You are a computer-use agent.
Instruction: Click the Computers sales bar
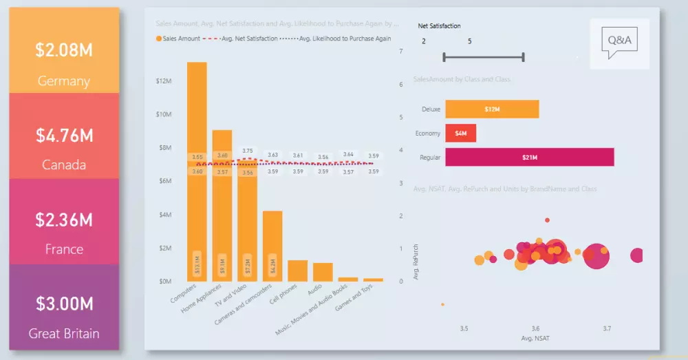pos(197,172)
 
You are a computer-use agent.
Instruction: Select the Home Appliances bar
pos(222,207)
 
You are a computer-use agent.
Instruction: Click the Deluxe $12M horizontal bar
pos(492,109)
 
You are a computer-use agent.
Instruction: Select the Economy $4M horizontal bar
pos(460,134)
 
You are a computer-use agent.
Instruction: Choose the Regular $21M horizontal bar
pos(529,158)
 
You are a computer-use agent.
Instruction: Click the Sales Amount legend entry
pos(179,39)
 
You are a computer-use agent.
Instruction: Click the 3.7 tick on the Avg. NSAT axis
pos(607,329)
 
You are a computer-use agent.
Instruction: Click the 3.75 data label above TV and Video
pos(248,151)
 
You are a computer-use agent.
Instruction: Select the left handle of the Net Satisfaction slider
pos(444,57)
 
